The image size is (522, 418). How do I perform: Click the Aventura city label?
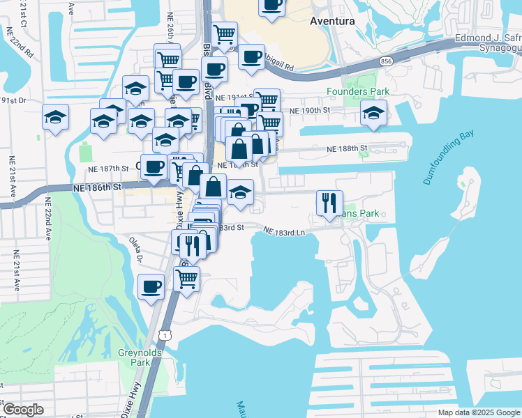[x=332, y=21]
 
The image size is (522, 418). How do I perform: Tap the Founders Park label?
[x=359, y=91]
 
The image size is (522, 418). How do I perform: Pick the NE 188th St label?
[x=348, y=148]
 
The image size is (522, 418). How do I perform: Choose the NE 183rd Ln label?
[x=285, y=231]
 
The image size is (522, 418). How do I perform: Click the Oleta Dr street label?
[x=135, y=249]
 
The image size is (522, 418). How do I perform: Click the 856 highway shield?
[x=385, y=62]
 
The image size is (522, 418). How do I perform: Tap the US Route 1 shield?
[x=163, y=336]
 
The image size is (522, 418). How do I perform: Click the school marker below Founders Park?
[x=374, y=113]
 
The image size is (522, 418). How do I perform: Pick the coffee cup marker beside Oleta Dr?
[x=151, y=286]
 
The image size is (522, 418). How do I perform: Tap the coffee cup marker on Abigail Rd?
[x=251, y=57]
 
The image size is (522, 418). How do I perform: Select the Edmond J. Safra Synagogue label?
[x=489, y=42]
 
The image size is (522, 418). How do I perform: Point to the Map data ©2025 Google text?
[x=477, y=412]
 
